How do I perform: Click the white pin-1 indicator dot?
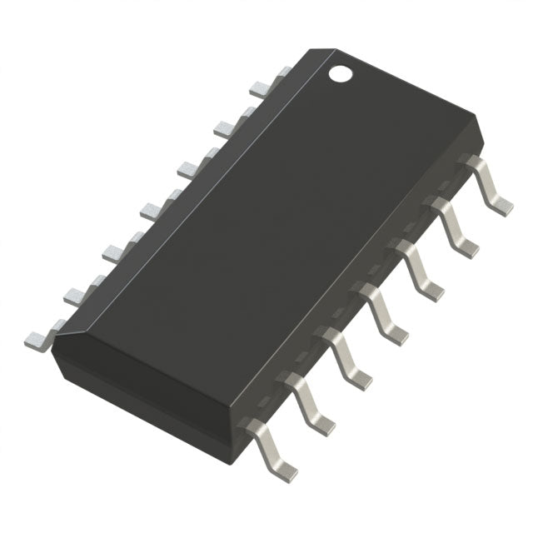(340, 74)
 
